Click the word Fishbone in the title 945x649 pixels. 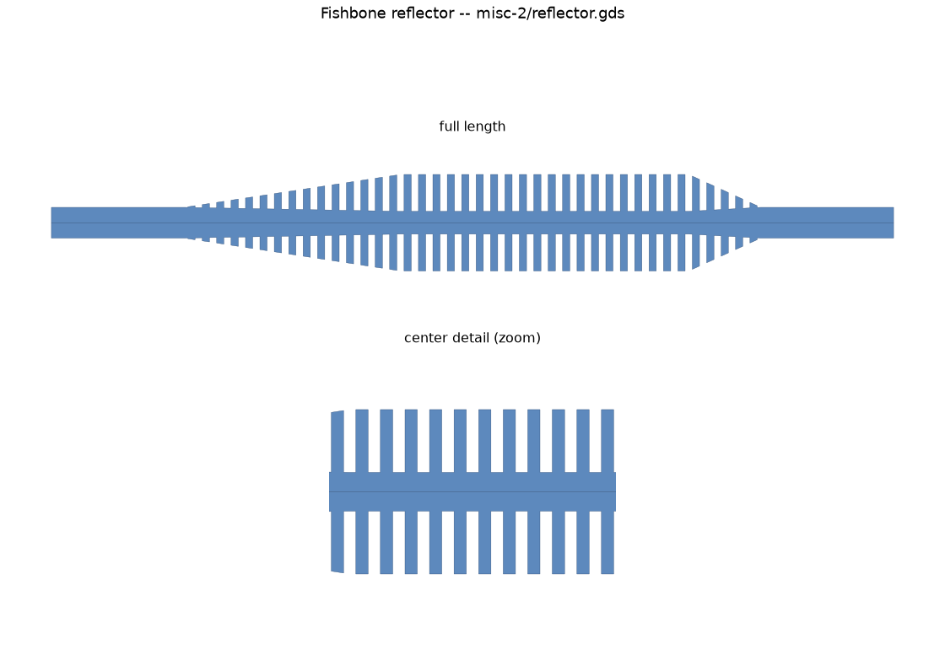pos(354,13)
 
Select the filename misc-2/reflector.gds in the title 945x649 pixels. pos(550,13)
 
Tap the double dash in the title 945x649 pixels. pos(465,13)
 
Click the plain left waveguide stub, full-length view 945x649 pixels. pos(119,223)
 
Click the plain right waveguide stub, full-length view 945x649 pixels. pos(826,223)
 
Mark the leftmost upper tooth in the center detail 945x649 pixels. pos(337,442)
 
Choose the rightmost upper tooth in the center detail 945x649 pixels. pos(607,441)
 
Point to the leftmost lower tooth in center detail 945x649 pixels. pos(337,542)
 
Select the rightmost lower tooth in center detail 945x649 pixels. pos(607,543)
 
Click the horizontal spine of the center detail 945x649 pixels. pos(472,492)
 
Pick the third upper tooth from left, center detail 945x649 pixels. pos(386,441)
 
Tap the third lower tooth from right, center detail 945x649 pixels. pos(558,543)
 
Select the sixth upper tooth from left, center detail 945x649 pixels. pos(460,441)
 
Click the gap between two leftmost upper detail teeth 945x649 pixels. pos(349,442)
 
